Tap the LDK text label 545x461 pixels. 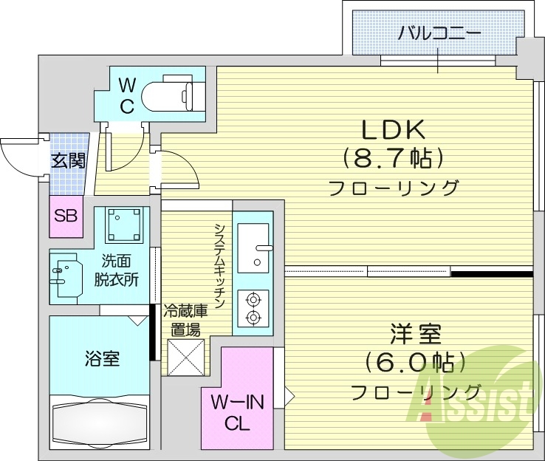[x=392, y=129]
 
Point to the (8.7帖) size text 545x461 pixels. [x=392, y=157]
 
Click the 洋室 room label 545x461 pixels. [x=416, y=335]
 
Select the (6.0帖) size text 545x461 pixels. [x=416, y=363]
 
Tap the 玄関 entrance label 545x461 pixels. [x=68, y=160]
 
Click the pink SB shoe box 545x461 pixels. [x=65, y=216]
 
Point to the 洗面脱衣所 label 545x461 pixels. [x=120, y=270]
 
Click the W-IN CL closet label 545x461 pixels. [x=236, y=412]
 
